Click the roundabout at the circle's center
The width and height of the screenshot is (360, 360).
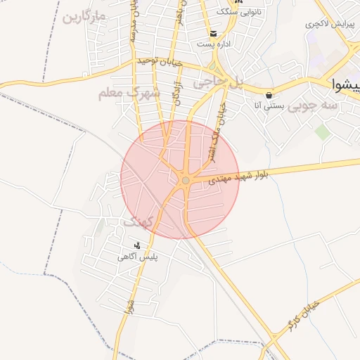185,181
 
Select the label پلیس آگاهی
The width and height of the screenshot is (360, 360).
138,258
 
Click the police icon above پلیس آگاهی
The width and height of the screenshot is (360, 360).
137,245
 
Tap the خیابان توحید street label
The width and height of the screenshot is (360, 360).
160,63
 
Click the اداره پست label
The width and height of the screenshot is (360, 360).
213,44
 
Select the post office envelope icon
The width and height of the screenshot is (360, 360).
213,33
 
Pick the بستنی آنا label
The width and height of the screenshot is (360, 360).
268,106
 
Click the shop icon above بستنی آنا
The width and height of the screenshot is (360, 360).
269,95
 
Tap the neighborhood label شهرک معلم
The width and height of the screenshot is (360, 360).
121,93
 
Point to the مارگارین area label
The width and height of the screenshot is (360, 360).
84,16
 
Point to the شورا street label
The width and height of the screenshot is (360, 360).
129,307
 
